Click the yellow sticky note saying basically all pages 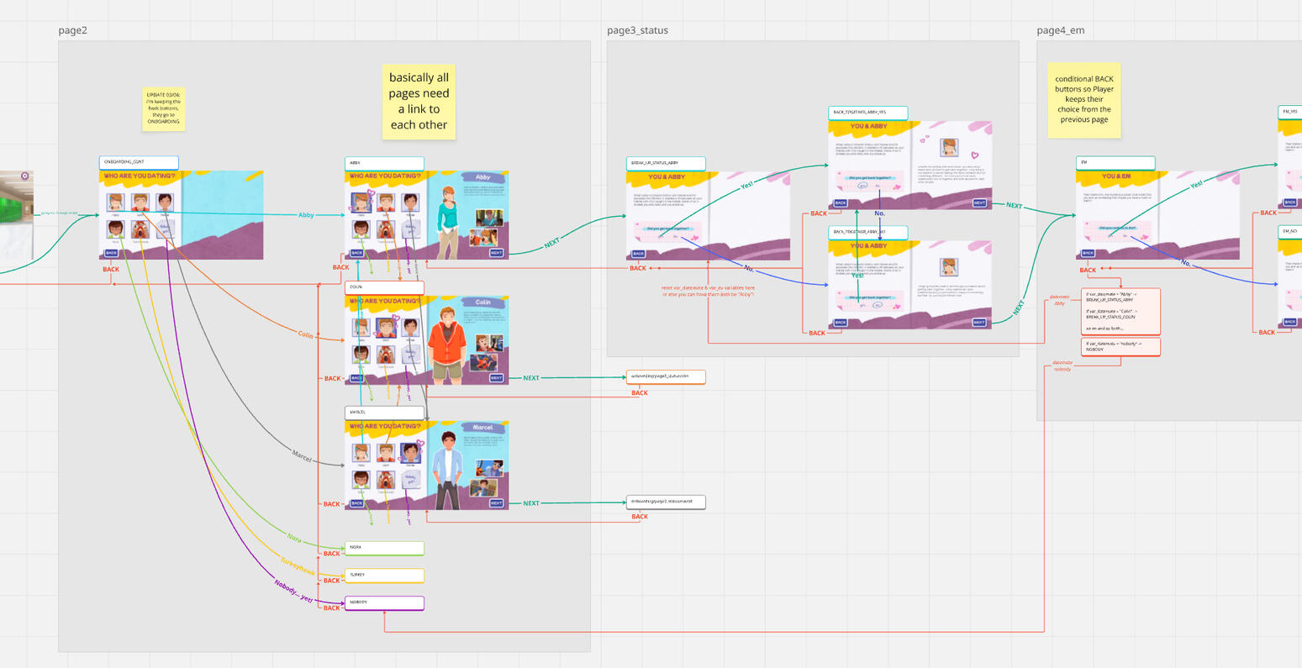(x=419, y=101)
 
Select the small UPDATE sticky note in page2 (x=164, y=108)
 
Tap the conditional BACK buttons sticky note (x=1083, y=99)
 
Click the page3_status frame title (x=637, y=30)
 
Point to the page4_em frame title (x=1060, y=30)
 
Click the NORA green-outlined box (x=384, y=548)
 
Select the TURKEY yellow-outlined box (x=384, y=576)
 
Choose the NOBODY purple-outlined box (x=384, y=602)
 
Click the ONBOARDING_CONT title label (x=139, y=162)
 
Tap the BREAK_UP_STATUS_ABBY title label (x=666, y=163)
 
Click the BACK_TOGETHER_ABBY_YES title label (x=867, y=113)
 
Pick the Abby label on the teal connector (x=306, y=215)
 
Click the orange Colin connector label (x=305, y=334)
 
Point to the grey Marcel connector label (x=302, y=456)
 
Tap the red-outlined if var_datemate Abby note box (x=1120, y=311)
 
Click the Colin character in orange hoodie (x=445, y=343)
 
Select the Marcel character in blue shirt (x=447, y=467)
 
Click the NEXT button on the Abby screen (x=496, y=253)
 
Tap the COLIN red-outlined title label (x=384, y=287)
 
